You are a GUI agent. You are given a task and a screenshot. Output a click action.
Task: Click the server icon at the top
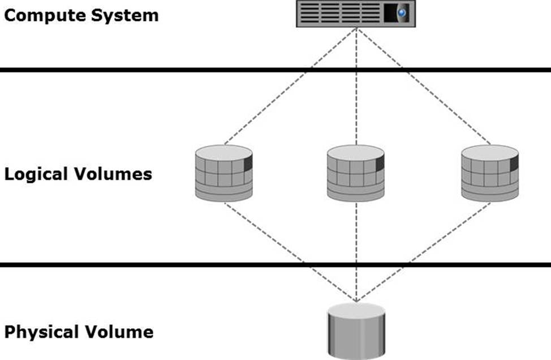point(356,14)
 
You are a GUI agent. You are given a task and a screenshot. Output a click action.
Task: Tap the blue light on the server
point(402,12)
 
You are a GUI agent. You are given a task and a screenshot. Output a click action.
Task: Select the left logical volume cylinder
point(224,173)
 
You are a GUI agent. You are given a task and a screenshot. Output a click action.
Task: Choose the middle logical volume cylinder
point(356,173)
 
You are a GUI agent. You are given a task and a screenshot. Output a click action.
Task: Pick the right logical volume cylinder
point(490,173)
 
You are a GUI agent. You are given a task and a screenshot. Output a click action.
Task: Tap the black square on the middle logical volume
point(380,164)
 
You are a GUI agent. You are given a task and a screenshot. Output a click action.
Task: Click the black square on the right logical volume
point(514,164)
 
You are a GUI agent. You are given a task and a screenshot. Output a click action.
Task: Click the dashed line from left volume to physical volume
point(290,251)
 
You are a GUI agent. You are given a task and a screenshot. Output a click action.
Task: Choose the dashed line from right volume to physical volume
point(423,251)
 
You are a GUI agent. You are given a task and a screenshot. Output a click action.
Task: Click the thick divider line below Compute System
point(170,70)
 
